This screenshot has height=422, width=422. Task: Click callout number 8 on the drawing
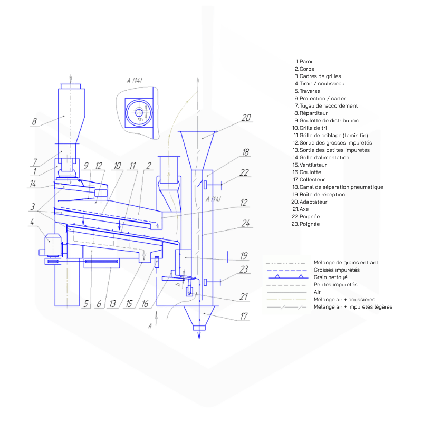tap(34, 121)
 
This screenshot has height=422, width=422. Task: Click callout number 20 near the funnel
tap(246, 118)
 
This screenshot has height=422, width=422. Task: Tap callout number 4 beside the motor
tap(32, 222)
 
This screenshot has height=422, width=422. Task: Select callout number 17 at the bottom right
tap(243, 318)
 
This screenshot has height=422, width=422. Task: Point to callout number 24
tap(244, 223)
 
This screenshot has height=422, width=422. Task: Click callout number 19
tap(243, 256)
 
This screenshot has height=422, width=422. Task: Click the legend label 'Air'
tap(317, 292)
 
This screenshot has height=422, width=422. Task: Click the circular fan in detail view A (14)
tap(139, 112)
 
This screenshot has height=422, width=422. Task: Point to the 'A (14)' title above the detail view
tap(135, 81)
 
